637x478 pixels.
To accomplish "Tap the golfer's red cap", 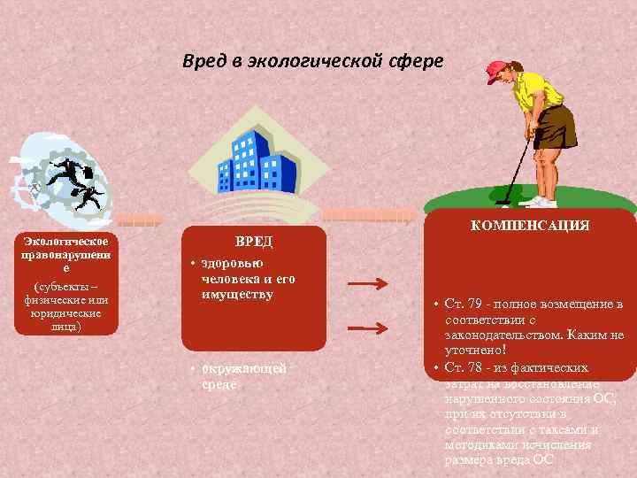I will (x=497, y=72).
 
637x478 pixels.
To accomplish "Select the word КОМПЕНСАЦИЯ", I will (x=530, y=226).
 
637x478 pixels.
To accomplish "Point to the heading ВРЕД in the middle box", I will (x=254, y=242).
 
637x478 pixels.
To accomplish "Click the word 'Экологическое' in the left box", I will (x=67, y=241).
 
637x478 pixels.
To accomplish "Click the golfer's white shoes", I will (x=541, y=201).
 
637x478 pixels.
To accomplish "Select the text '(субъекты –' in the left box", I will (x=66, y=286).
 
